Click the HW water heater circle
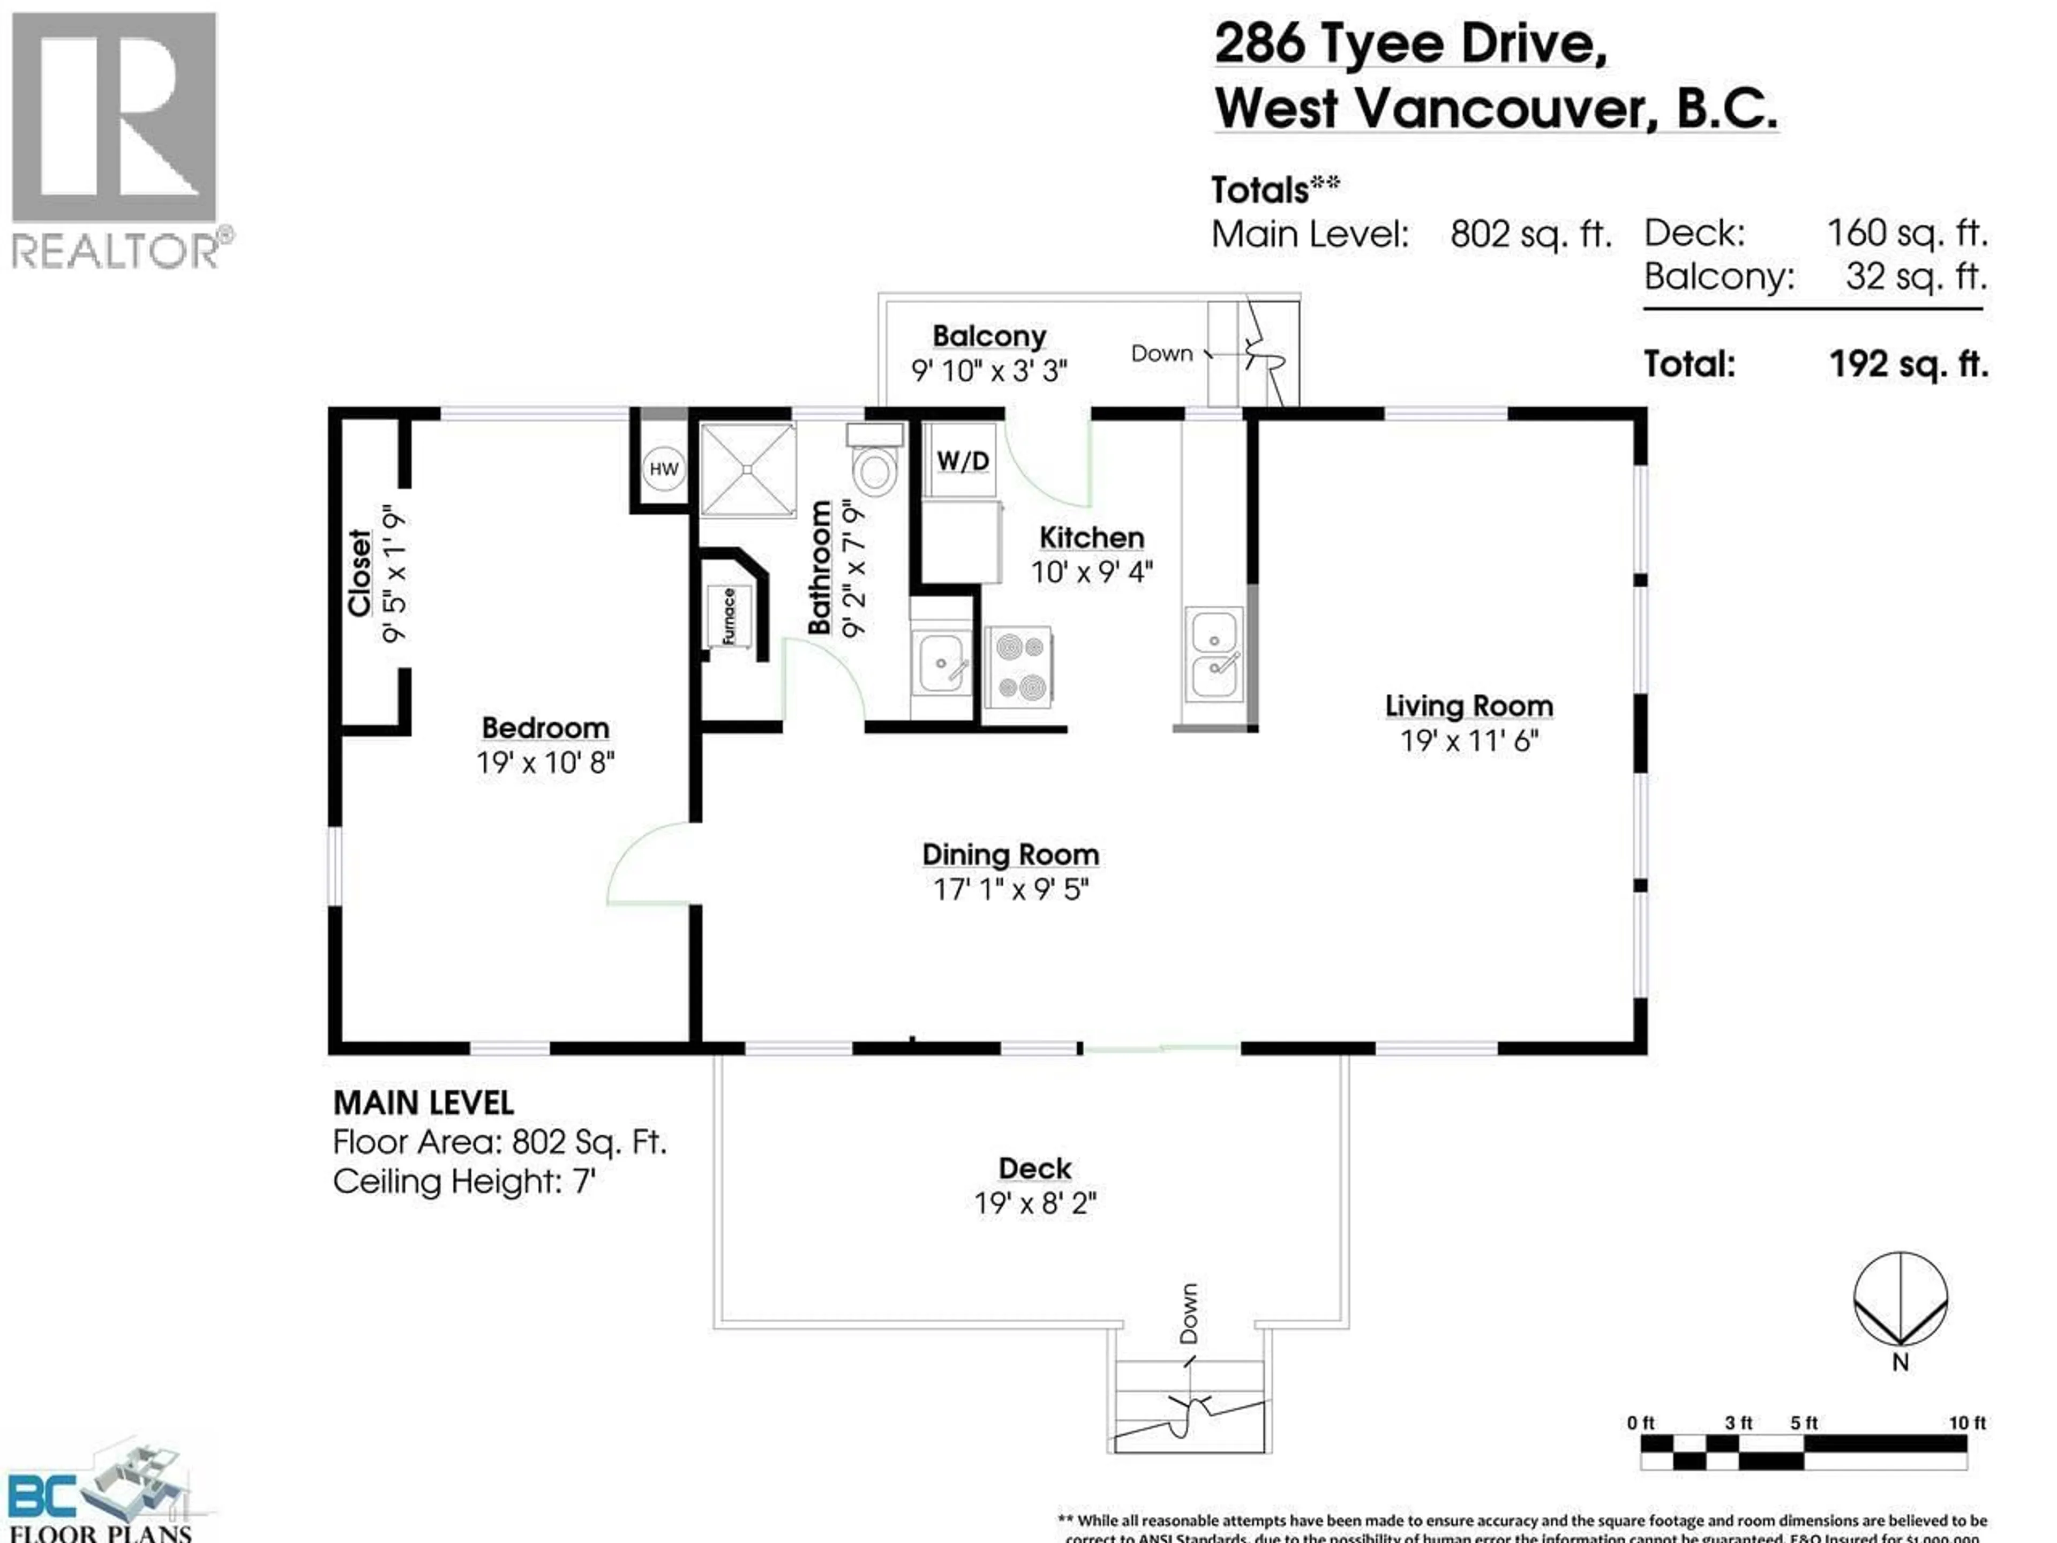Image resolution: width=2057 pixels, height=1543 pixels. click(x=663, y=469)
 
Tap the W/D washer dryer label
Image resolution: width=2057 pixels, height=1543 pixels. click(x=963, y=460)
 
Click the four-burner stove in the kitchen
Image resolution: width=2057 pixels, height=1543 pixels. click(x=1019, y=666)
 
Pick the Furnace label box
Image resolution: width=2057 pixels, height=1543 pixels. click(x=729, y=616)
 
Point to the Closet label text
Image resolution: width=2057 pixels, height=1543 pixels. click(x=359, y=573)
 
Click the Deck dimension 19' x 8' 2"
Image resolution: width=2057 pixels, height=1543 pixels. click(x=1035, y=1203)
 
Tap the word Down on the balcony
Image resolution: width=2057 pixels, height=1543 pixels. click(x=1161, y=354)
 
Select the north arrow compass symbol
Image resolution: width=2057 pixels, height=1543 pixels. click(x=1900, y=1301)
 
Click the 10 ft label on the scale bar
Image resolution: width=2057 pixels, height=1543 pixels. click(x=1967, y=1423)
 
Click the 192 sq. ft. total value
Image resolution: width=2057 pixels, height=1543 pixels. click(x=1908, y=364)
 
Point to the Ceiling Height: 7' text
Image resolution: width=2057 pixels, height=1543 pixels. click(x=464, y=1182)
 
